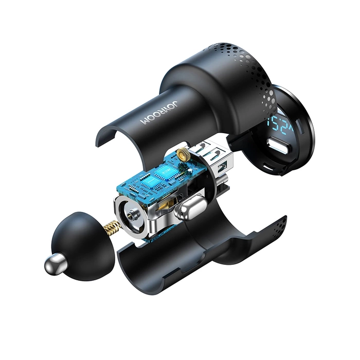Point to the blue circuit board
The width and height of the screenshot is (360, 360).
tap(154, 180)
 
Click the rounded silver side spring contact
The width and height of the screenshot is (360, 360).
tap(189, 210)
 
